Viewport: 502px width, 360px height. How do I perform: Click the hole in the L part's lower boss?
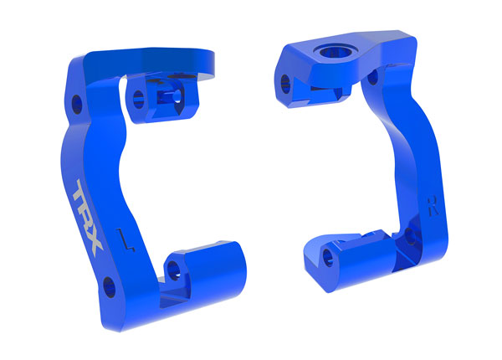point(174,268)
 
